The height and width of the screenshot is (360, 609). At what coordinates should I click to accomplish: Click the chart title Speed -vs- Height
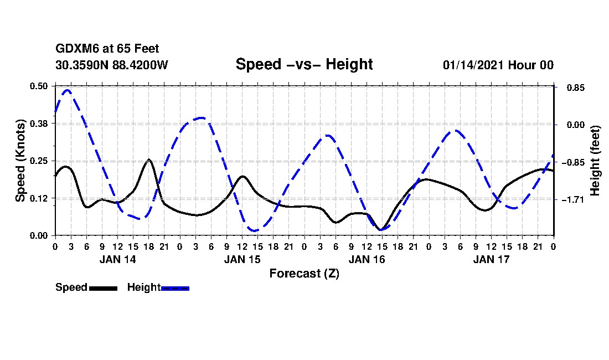304,64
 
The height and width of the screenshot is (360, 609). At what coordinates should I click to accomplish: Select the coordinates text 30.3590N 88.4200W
112,65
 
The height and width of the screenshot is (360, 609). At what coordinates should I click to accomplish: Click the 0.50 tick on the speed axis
39,86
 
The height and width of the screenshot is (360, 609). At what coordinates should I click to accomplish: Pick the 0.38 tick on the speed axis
39,124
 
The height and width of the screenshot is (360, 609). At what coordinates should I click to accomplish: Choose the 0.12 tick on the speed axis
39,198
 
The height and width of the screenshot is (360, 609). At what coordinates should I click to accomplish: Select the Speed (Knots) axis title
20,161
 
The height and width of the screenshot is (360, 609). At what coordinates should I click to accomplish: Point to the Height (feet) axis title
595,161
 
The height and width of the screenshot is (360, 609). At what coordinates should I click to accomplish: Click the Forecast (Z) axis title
304,274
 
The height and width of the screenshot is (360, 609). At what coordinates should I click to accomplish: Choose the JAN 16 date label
367,259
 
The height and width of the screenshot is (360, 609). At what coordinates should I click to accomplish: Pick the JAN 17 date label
491,259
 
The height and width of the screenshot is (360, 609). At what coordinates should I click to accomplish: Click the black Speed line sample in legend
103,288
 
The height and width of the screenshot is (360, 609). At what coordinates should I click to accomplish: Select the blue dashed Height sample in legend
175,288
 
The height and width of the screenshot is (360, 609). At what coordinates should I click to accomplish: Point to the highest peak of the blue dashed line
67,90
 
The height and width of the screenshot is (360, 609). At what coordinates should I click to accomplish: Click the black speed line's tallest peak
149,160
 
